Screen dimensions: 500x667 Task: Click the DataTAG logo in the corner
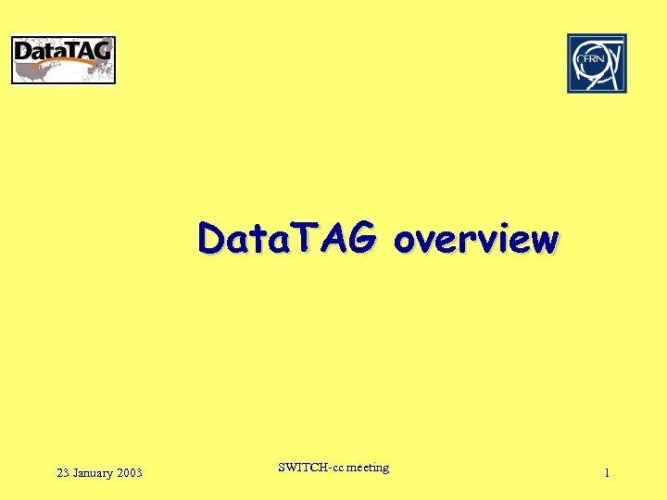[x=63, y=60]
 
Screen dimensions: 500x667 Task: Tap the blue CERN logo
[x=597, y=63]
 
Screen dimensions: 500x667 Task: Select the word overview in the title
[x=475, y=240]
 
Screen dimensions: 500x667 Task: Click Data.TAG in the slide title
[x=286, y=239]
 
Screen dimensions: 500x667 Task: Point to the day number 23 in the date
[x=63, y=473]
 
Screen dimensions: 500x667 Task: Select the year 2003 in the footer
[x=130, y=473]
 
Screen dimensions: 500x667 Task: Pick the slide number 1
[x=607, y=473]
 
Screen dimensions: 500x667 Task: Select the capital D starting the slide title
[x=210, y=240]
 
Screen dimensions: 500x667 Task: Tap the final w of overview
[x=545, y=241]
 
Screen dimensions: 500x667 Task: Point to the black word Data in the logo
[x=39, y=52]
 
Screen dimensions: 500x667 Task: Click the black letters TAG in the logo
[x=88, y=50]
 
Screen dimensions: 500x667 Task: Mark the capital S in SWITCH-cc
[x=282, y=468]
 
